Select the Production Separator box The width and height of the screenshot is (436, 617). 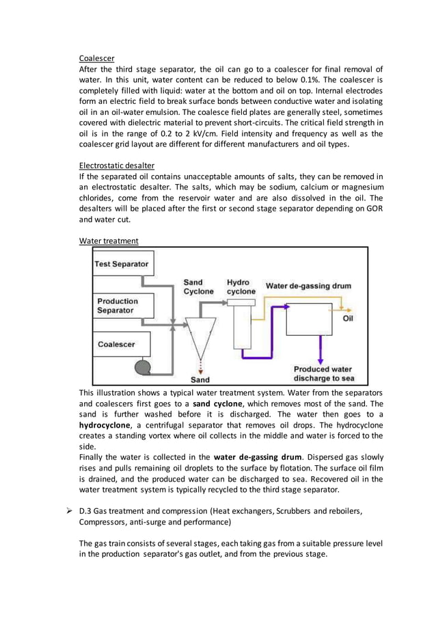[124, 306]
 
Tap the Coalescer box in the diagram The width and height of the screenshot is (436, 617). [124, 344]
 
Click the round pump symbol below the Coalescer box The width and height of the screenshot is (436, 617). [145, 367]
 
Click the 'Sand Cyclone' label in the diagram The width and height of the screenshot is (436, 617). [198, 287]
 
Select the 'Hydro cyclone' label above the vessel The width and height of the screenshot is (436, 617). [241, 287]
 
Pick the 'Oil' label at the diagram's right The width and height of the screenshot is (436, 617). [348, 318]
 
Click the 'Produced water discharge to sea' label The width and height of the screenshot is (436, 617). [324, 373]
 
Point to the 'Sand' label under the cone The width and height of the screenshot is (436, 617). [200, 379]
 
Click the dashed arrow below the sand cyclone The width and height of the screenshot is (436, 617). [200, 363]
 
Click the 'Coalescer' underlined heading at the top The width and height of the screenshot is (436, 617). [96, 57]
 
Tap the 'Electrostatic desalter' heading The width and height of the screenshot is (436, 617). [116, 166]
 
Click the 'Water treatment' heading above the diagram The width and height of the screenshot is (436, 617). [109, 241]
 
